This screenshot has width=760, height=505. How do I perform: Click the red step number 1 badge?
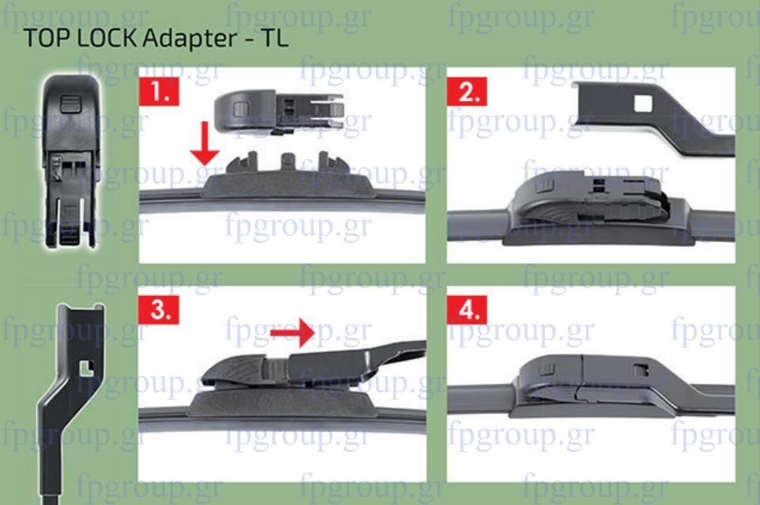point(159,91)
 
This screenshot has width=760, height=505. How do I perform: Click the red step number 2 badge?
point(467,91)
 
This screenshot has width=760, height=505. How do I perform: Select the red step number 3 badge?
point(159,309)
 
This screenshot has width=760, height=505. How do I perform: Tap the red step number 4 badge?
point(467,309)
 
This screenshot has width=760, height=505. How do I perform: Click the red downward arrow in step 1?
point(205,143)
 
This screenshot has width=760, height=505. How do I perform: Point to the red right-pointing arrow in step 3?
point(293,332)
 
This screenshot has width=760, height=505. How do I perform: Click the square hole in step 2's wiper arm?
point(643,104)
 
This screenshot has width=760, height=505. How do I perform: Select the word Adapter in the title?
point(190,39)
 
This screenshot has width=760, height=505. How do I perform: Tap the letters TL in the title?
point(275,38)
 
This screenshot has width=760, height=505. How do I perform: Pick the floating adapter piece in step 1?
point(278,111)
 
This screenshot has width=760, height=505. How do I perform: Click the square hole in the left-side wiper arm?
point(87,369)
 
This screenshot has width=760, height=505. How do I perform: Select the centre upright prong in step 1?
point(288,162)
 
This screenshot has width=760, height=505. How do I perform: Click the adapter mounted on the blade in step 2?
point(592,199)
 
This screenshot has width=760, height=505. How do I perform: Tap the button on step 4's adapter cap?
point(546,369)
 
